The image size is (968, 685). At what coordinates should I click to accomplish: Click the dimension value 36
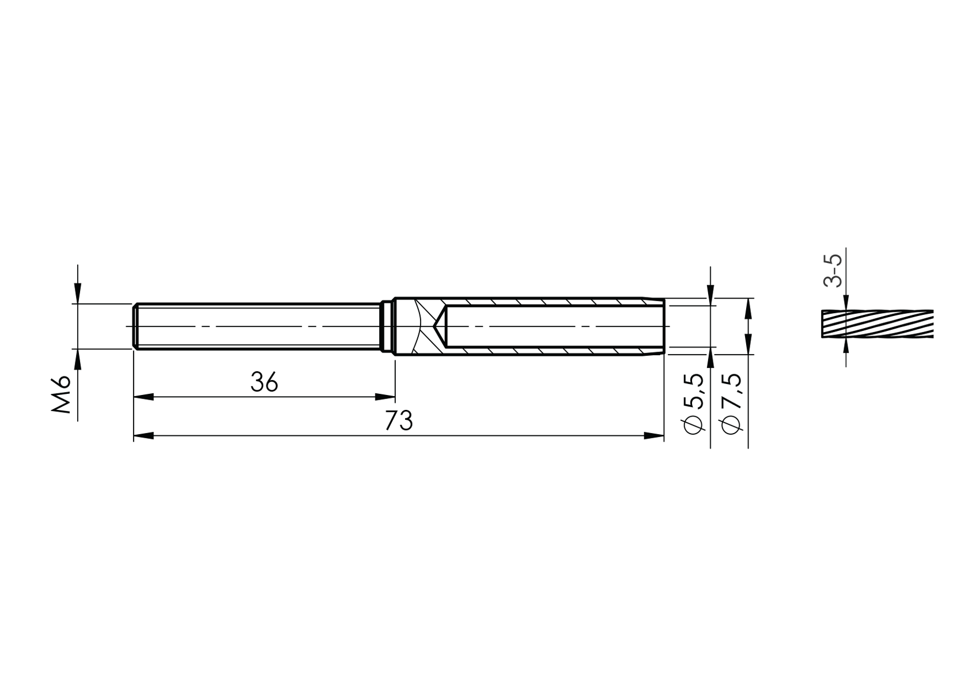point(264,382)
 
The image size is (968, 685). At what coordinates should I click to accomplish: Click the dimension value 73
point(399,421)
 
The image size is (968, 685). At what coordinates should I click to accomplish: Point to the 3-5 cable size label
point(833,270)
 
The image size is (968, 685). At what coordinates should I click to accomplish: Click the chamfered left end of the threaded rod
point(135,326)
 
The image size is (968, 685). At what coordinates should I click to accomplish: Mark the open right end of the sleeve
point(663,326)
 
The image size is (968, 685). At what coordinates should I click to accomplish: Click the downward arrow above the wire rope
point(845,303)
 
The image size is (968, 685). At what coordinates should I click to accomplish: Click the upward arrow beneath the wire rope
point(845,346)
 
